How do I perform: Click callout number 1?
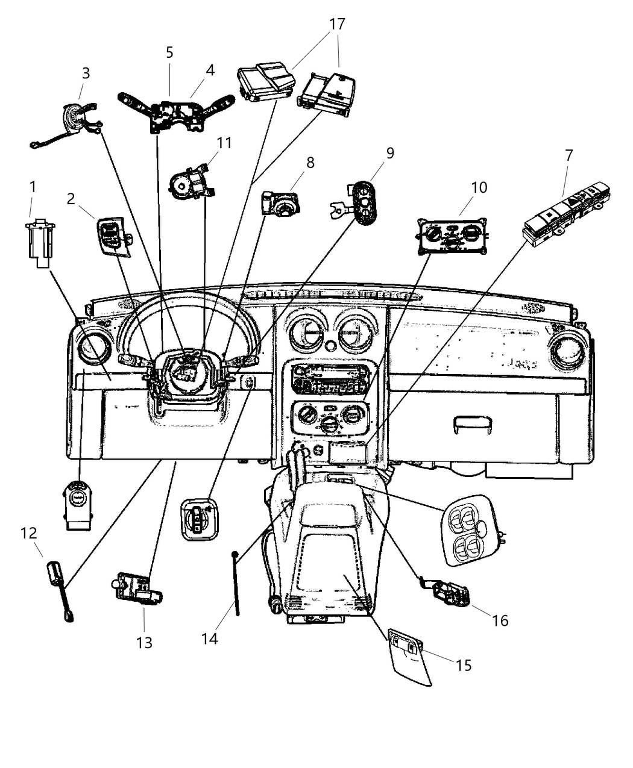[33, 187]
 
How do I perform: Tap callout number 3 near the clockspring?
[86, 73]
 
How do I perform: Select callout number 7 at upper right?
[568, 155]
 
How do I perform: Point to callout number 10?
[479, 187]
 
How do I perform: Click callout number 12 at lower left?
[28, 533]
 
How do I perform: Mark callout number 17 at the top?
[337, 24]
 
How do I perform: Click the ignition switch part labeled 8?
[280, 203]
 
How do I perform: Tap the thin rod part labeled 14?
[236, 581]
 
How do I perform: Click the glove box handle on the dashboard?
[472, 424]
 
